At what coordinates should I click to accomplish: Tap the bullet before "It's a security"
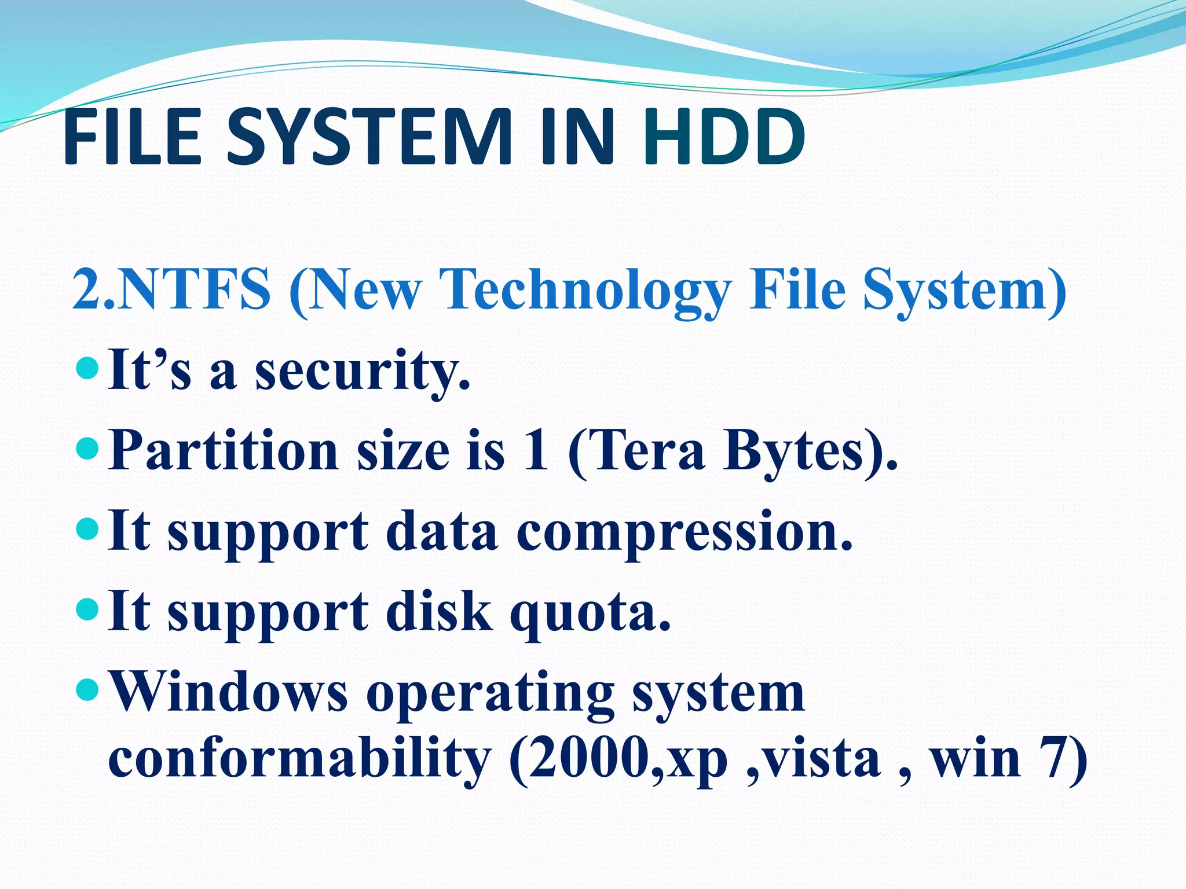87,367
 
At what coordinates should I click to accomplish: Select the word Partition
223,451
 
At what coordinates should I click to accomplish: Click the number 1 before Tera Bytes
535,451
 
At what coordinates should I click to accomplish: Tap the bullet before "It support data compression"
87,528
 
